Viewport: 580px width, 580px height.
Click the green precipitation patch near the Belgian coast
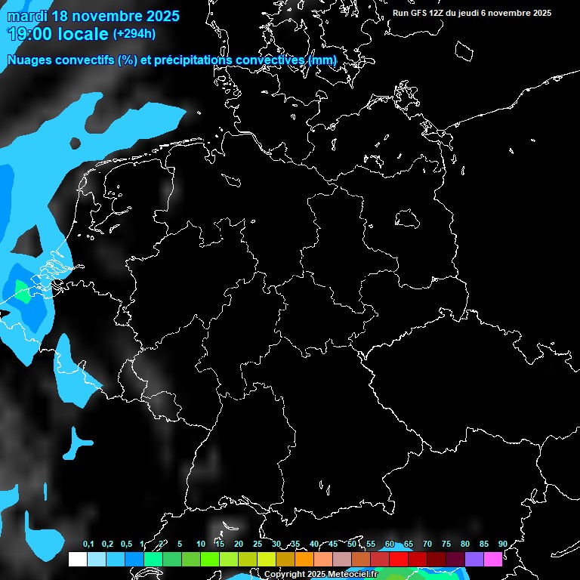(x=23, y=292)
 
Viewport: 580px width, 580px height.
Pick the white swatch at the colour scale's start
(x=77, y=559)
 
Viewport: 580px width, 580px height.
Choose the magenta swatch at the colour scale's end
(x=492, y=559)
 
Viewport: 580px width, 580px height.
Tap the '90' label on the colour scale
(x=502, y=545)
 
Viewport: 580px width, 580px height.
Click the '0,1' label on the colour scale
(x=88, y=545)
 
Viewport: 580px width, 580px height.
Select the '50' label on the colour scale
(x=352, y=545)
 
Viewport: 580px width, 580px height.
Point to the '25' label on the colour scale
(x=258, y=545)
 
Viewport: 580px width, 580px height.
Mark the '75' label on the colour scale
(x=446, y=545)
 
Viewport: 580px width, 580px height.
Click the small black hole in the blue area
(x=75, y=143)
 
